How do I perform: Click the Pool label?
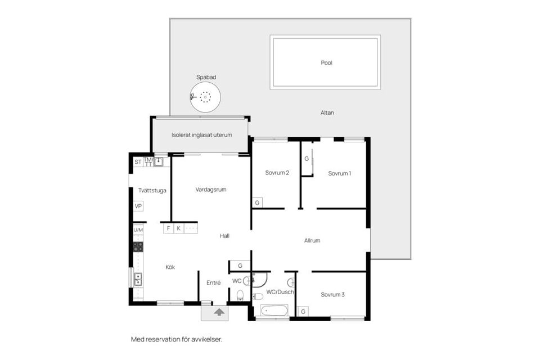326,62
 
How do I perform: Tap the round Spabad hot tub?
205,97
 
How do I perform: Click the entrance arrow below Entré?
219,312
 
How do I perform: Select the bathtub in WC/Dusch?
274,310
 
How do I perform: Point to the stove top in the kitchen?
138,247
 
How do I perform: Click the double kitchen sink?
138,280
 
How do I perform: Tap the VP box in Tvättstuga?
138,206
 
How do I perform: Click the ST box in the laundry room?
138,162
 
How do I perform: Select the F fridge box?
168,228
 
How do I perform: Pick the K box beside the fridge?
179,228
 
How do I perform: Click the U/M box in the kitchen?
138,229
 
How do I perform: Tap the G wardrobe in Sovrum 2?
257,203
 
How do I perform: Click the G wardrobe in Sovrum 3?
303,312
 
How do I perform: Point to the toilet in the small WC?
240,295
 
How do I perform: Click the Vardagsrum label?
211,190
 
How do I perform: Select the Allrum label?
312,240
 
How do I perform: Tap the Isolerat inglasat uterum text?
202,135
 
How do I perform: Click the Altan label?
327,112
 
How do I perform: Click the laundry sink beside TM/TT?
159,161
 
